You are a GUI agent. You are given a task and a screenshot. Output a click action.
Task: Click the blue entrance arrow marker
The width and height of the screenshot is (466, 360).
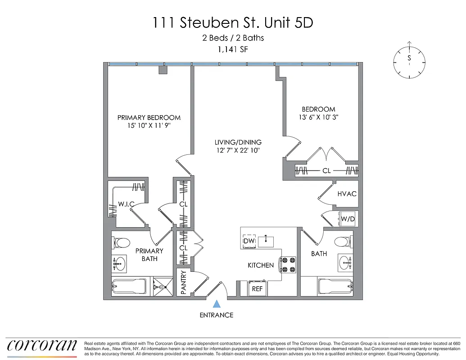click(217, 305)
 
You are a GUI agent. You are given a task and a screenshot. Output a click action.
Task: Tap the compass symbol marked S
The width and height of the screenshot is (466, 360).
click(409, 62)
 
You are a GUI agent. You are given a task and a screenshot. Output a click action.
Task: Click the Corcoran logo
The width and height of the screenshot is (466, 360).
click(42, 345)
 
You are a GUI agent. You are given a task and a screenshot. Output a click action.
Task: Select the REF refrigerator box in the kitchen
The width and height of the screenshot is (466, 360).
click(257, 288)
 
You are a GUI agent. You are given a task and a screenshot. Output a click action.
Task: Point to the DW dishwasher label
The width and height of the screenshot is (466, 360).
click(249, 241)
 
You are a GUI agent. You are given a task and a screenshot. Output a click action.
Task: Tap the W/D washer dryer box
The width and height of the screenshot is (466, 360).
click(348, 219)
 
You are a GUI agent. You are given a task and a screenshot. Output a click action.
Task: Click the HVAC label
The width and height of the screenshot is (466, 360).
click(347, 193)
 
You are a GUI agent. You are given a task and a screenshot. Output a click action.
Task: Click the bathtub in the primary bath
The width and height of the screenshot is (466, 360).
click(129, 286)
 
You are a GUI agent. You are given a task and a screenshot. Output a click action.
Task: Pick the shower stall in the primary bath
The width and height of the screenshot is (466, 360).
click(163, 286)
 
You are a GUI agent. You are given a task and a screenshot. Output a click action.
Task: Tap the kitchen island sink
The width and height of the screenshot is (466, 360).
click(266, 241)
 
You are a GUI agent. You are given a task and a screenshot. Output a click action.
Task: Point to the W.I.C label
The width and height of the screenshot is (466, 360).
click(127, 204)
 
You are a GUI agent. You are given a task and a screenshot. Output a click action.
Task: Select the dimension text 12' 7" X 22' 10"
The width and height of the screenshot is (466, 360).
click(238, 151)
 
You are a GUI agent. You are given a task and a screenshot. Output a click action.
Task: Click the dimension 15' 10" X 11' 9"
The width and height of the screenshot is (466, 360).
click(149, 126)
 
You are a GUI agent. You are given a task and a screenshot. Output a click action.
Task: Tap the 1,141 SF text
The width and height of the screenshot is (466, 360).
click(233, 50)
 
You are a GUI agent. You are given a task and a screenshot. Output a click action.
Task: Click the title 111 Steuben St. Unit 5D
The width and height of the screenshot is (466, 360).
click(233, 22)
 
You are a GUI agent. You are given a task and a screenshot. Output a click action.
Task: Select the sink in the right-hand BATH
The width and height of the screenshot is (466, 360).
click(345, 262)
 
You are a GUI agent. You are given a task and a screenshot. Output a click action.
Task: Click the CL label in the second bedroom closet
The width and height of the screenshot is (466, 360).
click(326, 171)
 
